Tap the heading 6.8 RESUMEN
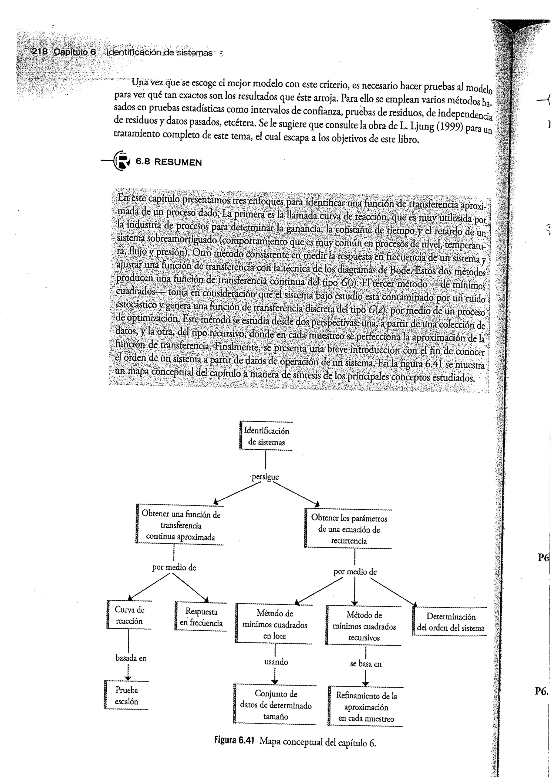click(x=168, y=162)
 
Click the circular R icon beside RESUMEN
click(x=122, y=161)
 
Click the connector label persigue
click(x=265, y=477)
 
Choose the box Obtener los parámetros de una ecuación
click(x=349, y=529)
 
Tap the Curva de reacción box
click(x=129, y=615)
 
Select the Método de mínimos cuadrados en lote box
click(x=274, y=625)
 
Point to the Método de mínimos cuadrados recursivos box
click(x=364, y=626)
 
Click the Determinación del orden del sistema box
click(x=450, y=622)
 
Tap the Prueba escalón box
click(x=126, y=696)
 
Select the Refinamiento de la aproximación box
click(x=366, y=707)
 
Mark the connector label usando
click(x=276, y=662)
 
